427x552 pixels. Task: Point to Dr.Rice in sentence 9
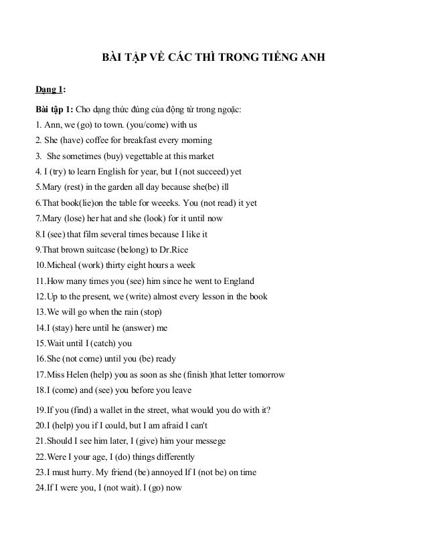(x=173, y=249)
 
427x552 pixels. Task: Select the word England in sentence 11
(x=236, y=281)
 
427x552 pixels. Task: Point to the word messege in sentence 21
(x=208, y=441)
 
